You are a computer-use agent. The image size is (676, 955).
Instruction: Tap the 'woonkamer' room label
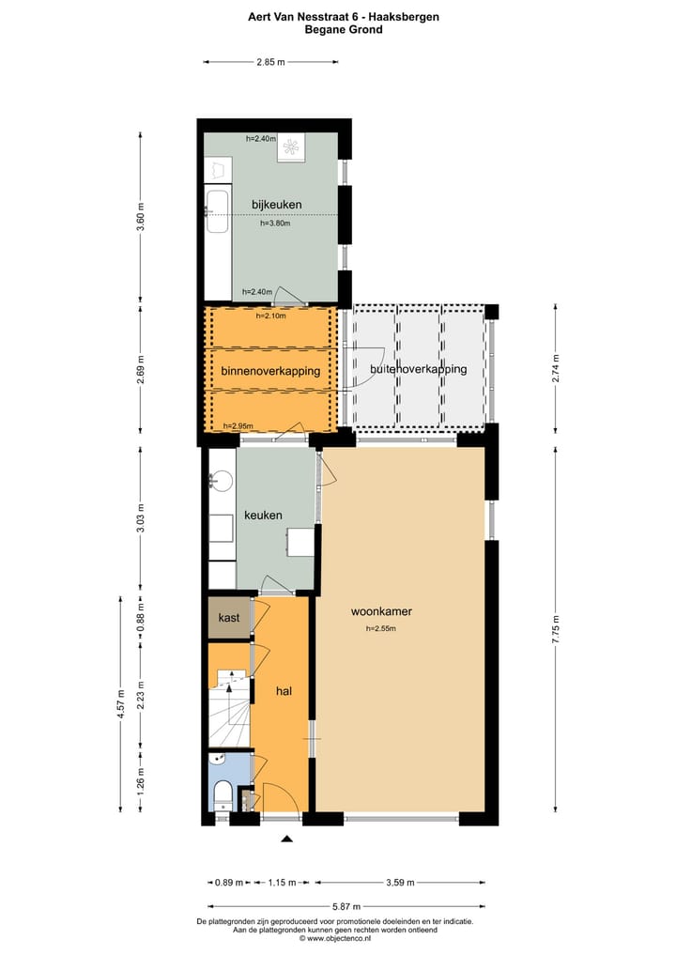(381, 611)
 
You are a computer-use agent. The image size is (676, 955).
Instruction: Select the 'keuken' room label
(263, 516)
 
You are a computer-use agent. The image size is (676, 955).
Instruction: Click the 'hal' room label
(284, 691)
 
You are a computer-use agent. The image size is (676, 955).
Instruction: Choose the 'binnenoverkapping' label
(270, 371)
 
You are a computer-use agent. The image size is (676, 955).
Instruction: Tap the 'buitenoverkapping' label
(418, 369)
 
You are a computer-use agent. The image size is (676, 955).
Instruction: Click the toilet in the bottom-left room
(222, 795)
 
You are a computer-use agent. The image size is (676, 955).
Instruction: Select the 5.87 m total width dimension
(345, 907)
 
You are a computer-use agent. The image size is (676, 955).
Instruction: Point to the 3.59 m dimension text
(400, 883)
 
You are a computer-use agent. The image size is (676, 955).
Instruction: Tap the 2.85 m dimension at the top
(270, 63)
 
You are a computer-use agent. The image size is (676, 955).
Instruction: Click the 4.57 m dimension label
(119, 702)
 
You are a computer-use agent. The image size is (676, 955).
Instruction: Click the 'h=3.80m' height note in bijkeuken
(275, 223)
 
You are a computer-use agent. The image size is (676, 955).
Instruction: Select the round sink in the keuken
(222, 481)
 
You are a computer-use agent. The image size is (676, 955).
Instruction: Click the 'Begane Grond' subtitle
(343, 29)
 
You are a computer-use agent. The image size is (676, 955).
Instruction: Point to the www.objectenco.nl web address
(335, 938)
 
